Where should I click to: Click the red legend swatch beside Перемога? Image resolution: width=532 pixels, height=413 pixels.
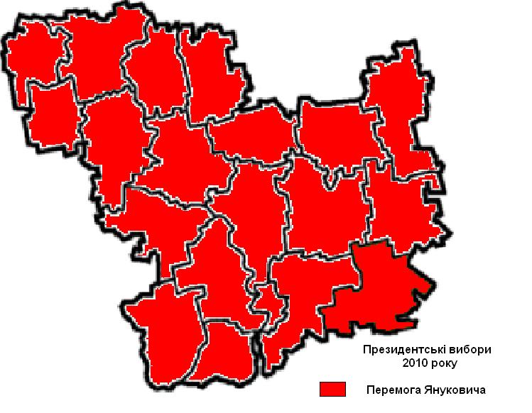pos(332,389)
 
